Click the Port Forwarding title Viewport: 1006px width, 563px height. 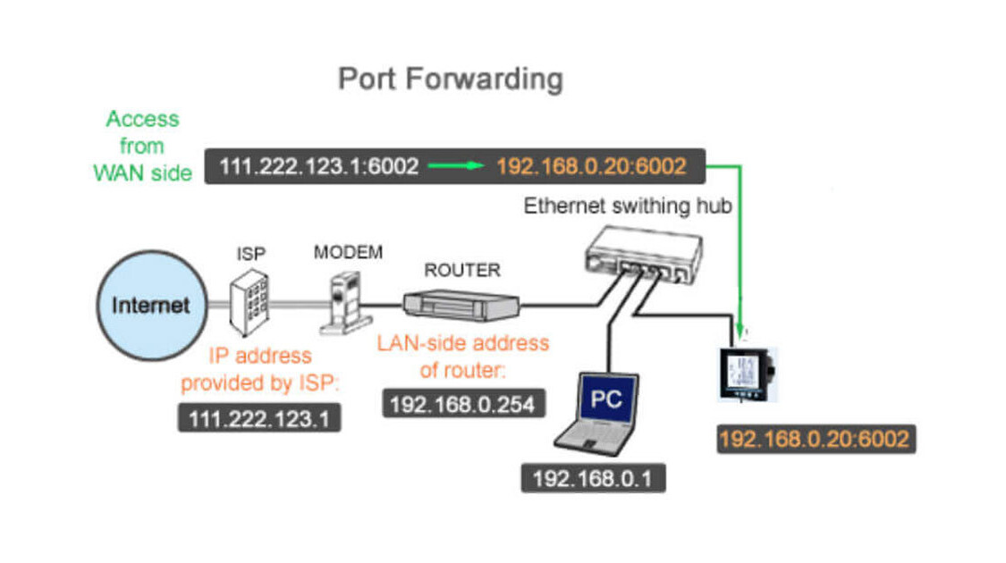(x=450, y=79)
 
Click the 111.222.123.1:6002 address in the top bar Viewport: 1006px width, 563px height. (x=318, y=165)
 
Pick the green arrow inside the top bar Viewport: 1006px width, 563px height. (x=456, y=165)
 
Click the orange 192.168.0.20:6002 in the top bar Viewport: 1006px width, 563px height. (x=591, y=165)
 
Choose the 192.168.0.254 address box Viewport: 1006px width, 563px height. (x=462, y=404)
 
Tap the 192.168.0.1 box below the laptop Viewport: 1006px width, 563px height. (x=593, y=478)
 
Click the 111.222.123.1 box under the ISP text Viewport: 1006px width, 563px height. (x=259, y=417)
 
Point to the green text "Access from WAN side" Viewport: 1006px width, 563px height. (x=142, y=146)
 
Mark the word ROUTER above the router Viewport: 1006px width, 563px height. (x=461, y=269)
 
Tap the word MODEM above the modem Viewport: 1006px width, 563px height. (x=348, y=253)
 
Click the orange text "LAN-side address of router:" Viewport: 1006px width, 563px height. (x=462, y=354)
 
